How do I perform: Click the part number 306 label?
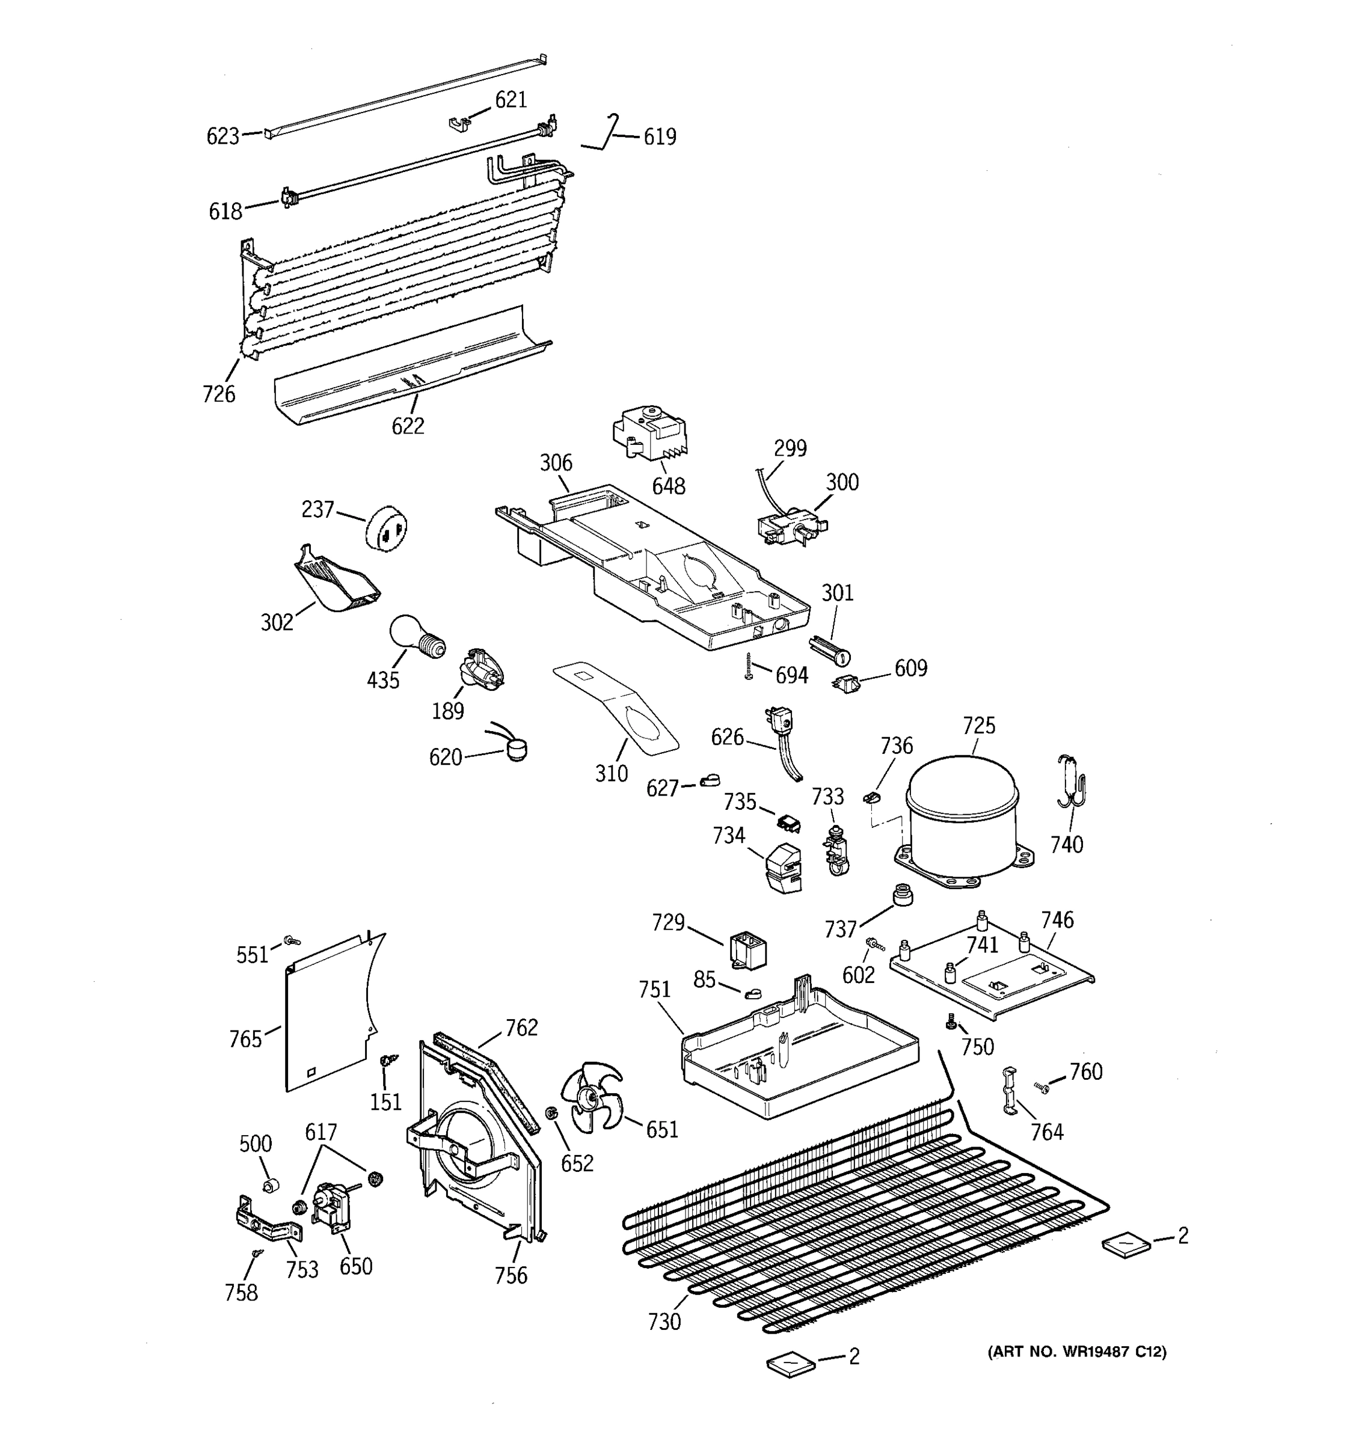pyautogui.click(x=556, y=462)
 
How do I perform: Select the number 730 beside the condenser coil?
pyautogui.click(x=664, y=1322)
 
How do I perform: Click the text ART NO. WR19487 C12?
pyautogui.click(x=1076, y=1352)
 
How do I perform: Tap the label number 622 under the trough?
pyautogui.click(x=408, y=426)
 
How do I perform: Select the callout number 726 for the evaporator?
pyautogui.click(x=218, y=394)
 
